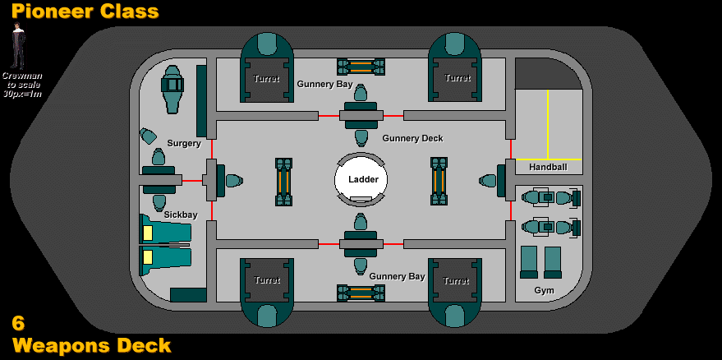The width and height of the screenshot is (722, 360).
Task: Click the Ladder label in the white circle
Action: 363,179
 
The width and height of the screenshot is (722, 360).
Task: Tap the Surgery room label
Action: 184,143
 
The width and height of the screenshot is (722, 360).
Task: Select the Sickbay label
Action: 181,215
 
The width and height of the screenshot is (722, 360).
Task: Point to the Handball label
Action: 548,168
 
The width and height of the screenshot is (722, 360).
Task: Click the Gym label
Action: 545,290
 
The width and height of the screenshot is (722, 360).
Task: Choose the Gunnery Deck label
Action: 412,138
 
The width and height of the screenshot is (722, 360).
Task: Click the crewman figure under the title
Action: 18,45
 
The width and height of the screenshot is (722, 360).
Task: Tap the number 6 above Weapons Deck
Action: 18,323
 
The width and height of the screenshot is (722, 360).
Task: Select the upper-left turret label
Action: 266,78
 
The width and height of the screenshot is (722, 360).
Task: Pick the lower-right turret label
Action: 456,281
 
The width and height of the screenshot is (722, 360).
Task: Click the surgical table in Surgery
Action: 172,89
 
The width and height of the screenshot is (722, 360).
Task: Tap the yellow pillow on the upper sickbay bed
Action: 148,233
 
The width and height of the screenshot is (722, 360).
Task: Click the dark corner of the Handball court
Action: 548,74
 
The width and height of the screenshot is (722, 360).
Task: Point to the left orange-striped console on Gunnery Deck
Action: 283,181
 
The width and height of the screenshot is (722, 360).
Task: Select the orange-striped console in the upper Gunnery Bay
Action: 361,67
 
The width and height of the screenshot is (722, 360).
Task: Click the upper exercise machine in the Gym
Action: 550,198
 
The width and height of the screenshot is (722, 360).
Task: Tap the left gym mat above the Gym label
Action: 529,262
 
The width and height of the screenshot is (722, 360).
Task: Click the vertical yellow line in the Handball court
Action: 548,124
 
